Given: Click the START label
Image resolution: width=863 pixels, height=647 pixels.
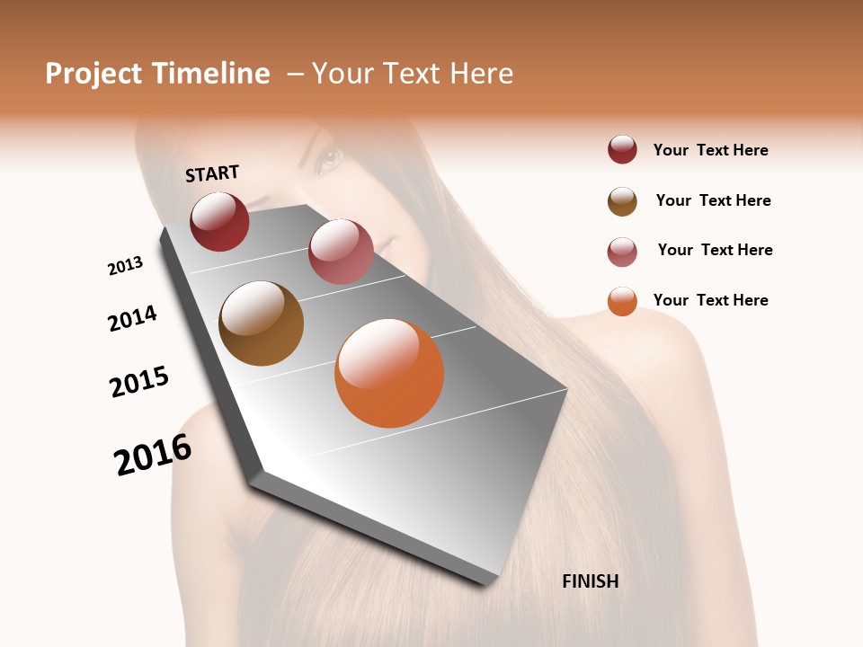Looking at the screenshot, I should pos(212,173).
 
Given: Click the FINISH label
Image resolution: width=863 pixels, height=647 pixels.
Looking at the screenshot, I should pos(590,581).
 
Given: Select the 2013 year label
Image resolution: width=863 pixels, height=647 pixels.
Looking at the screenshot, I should pos(126,265).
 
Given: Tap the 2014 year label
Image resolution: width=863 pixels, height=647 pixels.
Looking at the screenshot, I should pos(133,318).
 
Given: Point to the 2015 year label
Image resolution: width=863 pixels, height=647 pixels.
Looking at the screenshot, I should pos(139,381).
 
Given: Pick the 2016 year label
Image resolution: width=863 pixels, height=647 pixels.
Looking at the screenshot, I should pos(153,454).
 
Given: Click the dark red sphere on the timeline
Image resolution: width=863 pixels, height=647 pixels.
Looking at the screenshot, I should pos(219,221).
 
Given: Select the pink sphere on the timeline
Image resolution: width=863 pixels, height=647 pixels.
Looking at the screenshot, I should pos(341,252).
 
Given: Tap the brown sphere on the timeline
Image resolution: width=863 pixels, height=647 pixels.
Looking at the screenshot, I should pos(262,323).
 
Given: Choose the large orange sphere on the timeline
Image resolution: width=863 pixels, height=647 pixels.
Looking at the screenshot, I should pos(389,373).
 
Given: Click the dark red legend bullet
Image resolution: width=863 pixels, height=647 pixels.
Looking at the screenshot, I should pos(622,150).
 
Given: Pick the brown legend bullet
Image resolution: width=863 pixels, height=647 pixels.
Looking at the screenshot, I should pos(622,201).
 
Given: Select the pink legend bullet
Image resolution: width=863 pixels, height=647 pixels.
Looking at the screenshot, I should pos(622,252).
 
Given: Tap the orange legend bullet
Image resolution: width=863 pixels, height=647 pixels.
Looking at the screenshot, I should pos(622,301).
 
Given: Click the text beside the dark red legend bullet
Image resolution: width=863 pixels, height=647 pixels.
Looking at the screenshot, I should pos(710,150).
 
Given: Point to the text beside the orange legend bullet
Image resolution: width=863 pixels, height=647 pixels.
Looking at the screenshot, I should pos(710,300).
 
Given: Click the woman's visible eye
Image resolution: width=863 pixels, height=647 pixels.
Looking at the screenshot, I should pos(328,160).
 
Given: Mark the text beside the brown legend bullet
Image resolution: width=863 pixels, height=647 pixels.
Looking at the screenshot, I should pos(713,200).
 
